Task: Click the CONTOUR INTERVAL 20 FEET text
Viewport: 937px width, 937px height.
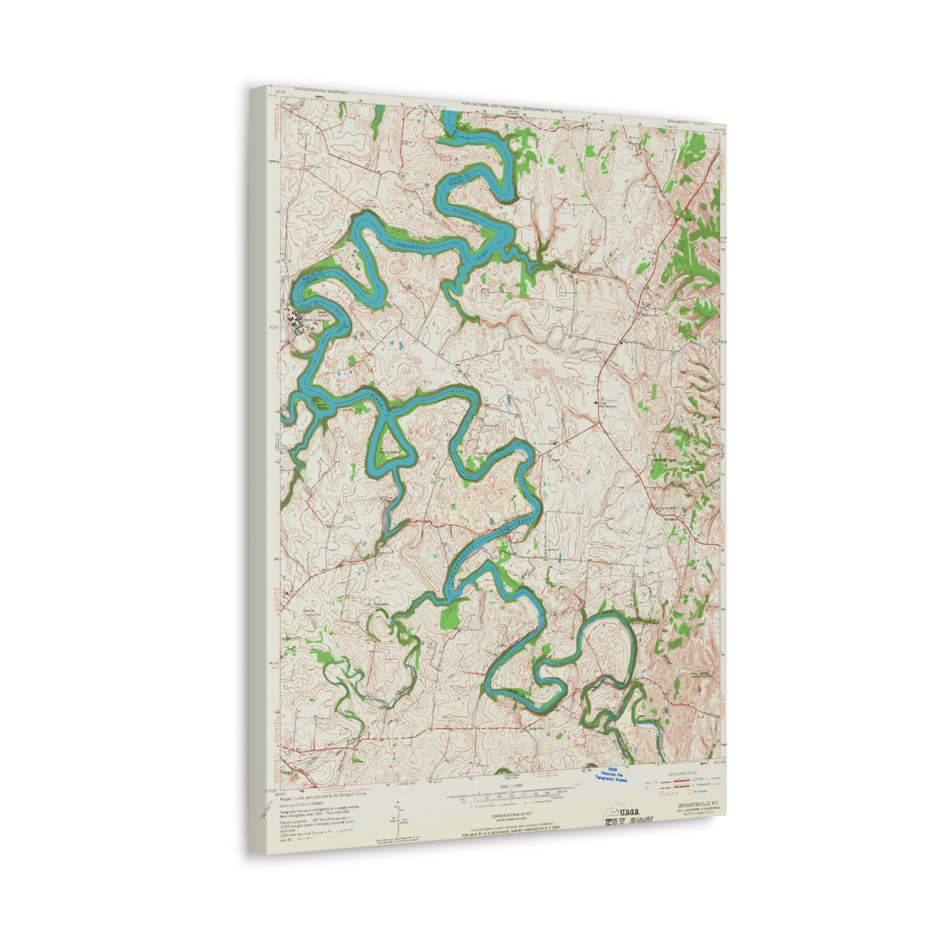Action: pyautogui.click(x=507, y=814)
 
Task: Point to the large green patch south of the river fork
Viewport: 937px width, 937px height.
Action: pyautogui.click(x=450, y=615)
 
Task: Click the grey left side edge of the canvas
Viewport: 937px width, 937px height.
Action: pyautogui.click(x=258, y=487)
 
